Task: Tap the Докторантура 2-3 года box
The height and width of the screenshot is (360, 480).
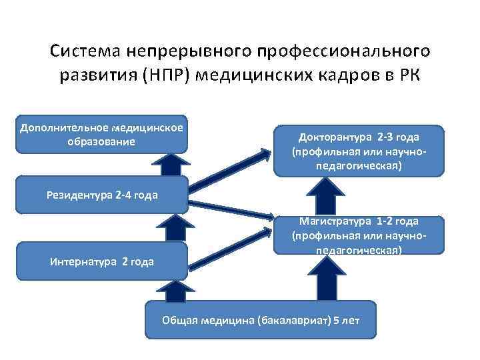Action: point(359,151)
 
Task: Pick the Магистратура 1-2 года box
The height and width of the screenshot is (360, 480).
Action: point(359,235)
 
